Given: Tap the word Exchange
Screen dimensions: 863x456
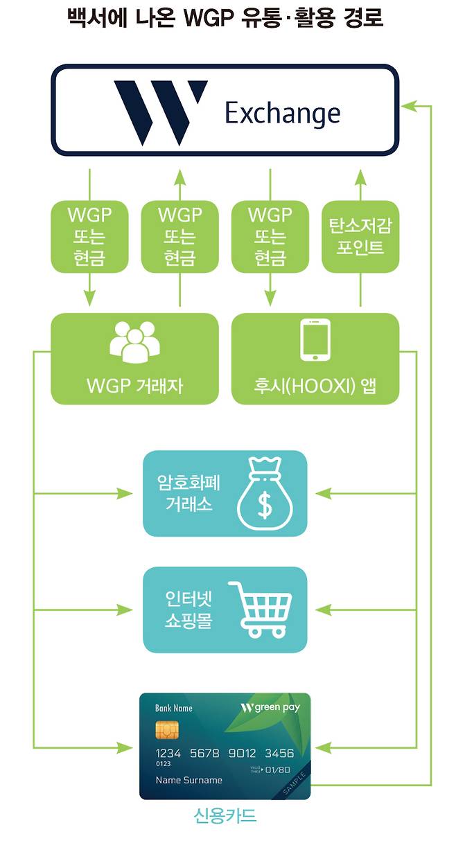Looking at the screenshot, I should pos(282,113).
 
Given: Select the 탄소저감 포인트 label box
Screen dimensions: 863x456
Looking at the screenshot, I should pos(360,236).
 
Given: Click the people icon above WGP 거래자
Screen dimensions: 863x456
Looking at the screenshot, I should pos(135,341).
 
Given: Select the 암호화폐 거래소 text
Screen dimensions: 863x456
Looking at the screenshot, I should pos(188,493).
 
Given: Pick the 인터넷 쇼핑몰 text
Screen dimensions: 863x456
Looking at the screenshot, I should pos(188,609).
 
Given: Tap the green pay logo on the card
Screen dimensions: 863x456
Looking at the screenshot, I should pos(272,708).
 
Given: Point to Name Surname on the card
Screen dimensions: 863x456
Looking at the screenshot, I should pos(188,780).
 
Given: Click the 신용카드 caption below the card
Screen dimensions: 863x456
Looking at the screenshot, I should pos(225,816).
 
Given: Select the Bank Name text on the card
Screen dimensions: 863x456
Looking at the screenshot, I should pos(174,709).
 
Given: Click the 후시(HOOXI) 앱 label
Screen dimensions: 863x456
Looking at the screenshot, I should pos(315,386).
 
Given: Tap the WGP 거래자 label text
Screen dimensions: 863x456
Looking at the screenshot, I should pos(135,386).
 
